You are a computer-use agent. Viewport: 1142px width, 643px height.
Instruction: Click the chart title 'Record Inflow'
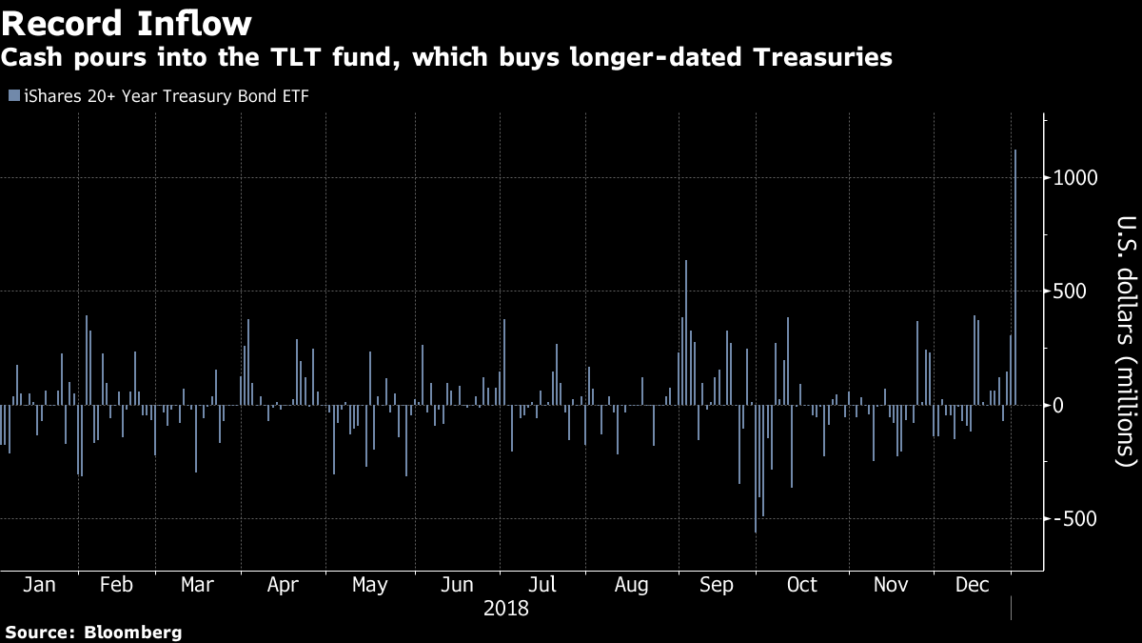coord(127,22)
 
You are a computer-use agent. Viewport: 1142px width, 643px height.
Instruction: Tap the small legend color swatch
coord(12,95)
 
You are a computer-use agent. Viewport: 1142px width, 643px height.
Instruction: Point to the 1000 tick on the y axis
coord(1074,178)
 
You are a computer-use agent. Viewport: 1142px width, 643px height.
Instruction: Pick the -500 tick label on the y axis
coord(1076,519)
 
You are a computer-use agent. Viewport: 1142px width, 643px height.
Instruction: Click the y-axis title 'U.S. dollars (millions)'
coord(1125,353)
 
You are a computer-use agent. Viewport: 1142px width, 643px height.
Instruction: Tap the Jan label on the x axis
coord(38,585)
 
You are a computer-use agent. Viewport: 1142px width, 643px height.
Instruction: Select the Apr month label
coord(284,585)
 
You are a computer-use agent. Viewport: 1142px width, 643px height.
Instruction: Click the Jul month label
coord(541,585)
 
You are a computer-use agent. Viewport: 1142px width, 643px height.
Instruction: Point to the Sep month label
coord(716,585)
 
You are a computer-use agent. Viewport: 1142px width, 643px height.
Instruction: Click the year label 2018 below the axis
coord(506,608)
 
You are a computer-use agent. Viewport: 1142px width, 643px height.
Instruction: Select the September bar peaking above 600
coord(685,332)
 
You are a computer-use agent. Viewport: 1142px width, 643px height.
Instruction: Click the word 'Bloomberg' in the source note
coord(133,632)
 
